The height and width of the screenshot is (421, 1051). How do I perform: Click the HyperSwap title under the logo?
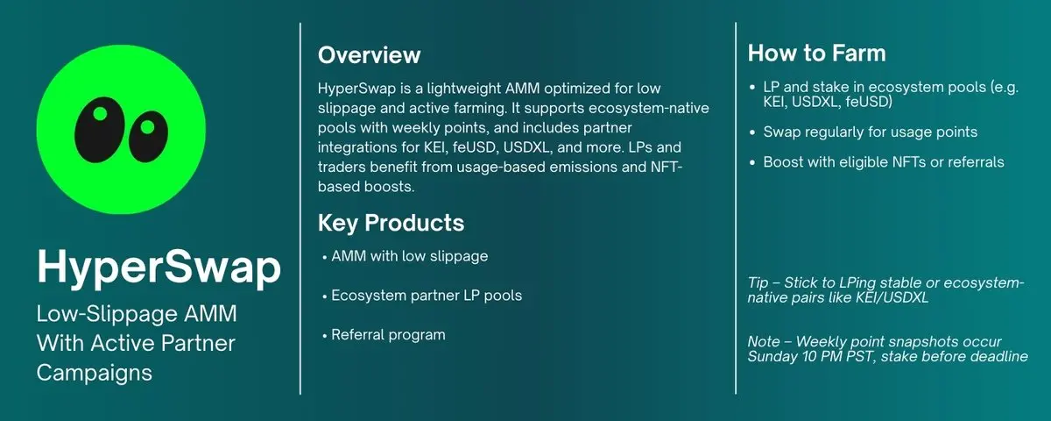tap(159, 267)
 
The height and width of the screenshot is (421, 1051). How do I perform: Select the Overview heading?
tap(369, 55)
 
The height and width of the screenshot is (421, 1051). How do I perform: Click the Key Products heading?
tap(391, 223)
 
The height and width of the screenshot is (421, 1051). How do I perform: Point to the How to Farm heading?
tap(816, 54)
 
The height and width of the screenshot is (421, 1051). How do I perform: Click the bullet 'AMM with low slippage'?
tap(409, 256)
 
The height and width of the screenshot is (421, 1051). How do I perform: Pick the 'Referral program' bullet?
tap(388, 335)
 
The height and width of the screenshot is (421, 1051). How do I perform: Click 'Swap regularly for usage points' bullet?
tap(870, 132)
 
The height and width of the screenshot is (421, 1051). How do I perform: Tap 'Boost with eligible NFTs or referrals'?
tap(884, 162)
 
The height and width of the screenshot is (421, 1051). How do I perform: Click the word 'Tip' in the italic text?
tap(758, 282)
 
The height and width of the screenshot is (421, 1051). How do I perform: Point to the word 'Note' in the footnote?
tap(765, 341)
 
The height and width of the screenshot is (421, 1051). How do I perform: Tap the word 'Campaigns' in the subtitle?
tap(94, 372)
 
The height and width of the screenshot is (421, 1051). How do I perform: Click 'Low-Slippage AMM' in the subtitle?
tap(137, 313)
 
